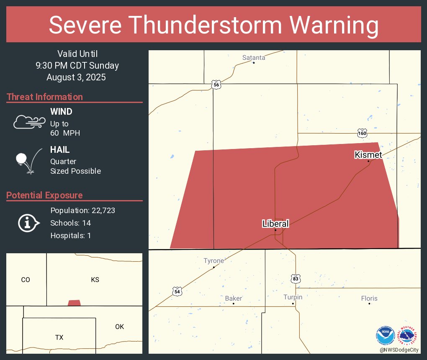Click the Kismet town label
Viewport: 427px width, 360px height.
click(x=368, y=155)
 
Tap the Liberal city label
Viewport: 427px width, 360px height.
click(x=275, y=224)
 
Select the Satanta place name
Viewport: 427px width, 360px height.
click(x=254, y=58)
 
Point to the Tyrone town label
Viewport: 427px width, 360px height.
click(x=213, y=261)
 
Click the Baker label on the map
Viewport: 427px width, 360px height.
click(x=233, y=298)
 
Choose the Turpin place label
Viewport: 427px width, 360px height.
click(x=293, y=297)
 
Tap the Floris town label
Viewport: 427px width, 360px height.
click(x=369, y=298)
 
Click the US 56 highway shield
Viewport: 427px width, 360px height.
click(x=216, y=85)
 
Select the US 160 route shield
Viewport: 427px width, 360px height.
click(x=363, y=133)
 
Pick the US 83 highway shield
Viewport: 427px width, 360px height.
click(x=295, y=278)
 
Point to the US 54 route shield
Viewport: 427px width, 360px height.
click(x=177, y=291)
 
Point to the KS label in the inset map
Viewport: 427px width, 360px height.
click(x=95, y=280)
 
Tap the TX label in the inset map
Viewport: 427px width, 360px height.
click(x=59, y=337)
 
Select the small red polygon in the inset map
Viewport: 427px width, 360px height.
click(x=74, y=303)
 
